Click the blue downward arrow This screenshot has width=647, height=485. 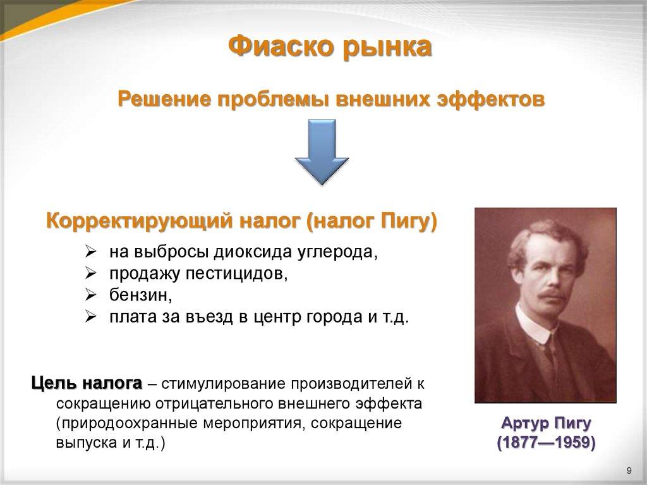tap(322, 152)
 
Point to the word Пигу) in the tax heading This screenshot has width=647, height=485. tap(409, 222)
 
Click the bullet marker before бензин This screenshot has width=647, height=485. tap(90, 295)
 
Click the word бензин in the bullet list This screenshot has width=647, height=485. tap(138, 295)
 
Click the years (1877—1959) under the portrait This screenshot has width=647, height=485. tap(545, 442)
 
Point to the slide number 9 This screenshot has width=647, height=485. tap(628, 470)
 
